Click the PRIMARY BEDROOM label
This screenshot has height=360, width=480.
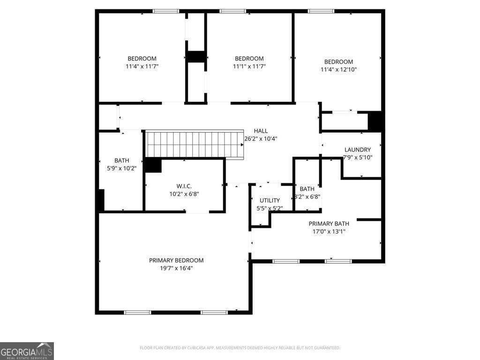tap(176, 260)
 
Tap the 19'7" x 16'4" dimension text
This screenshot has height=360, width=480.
tap(176, 268)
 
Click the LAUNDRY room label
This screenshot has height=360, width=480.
tap(358, 150)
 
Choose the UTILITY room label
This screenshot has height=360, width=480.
tap(270, 200)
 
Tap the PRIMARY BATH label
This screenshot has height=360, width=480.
tap(327, 224)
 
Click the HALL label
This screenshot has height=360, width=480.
tap(261, 131)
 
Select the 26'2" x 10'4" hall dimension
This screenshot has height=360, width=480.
tap(261, 139)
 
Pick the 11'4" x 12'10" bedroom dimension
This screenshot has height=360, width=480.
tap(339, 70)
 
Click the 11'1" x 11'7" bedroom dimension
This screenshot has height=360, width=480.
tap(249, 67)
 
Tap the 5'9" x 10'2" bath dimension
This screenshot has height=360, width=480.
tap(121, 168)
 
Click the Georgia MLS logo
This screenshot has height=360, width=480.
tap(27, 351)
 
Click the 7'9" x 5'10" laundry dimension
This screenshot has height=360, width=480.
tap(358, 157)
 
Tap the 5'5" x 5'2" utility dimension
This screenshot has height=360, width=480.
tap(270, 208)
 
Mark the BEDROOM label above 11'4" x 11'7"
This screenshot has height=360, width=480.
tap(142, 59)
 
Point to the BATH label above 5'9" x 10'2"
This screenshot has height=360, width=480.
tap(121, 160)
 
